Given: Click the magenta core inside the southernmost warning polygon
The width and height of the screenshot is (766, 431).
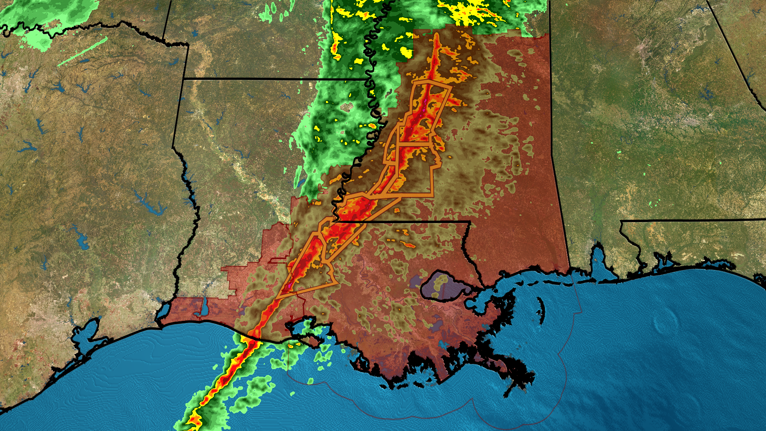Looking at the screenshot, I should coord(289,286).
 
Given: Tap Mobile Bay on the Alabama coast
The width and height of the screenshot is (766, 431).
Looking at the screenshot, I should coord(598,259).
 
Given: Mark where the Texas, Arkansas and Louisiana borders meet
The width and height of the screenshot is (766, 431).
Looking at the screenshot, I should coord(184,79).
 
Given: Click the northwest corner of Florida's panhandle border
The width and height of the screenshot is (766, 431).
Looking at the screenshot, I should coord(621,222).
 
